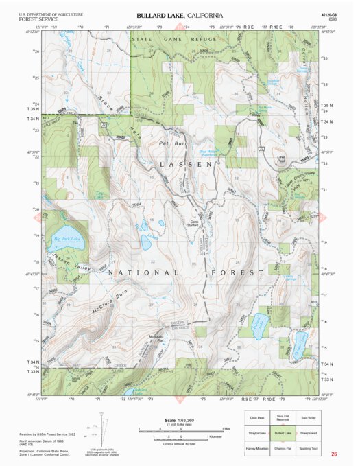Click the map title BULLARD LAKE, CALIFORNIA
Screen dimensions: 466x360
coord(180,15)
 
